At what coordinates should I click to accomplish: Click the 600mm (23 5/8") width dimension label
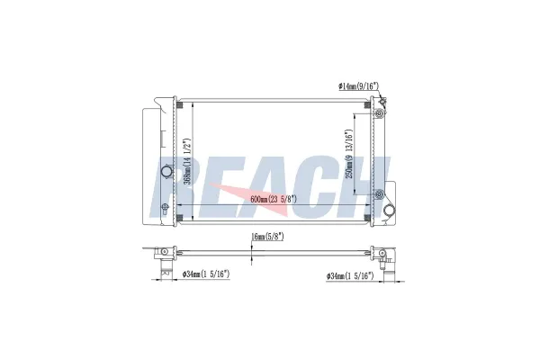(x=274, y=199)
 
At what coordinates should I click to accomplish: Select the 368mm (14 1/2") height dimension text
(x=187, y=162)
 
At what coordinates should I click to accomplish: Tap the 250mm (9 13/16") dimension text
(x=349, y=154)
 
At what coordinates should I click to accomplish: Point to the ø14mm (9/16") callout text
(x=358, y=85)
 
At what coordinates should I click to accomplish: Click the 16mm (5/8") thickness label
(x=267, y=237)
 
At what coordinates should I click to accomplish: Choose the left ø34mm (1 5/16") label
(x=206, y=274)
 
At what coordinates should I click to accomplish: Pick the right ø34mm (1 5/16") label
(x=350, y=275)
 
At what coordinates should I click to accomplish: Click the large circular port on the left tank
(x=167, y=171)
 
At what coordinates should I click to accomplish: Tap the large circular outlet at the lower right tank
(x=390, y=210)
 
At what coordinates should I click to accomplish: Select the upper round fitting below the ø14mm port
(x=380, y=113)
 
